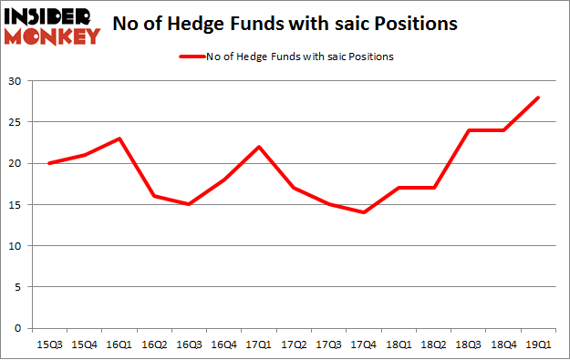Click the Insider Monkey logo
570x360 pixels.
tap(52, 25)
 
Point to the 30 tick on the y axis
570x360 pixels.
tap(16, 81)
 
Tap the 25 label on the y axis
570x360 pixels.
tap(16, 122)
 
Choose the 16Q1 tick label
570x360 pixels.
tap(119, 345)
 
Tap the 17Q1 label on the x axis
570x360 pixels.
tap(259, 345)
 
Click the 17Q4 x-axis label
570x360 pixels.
tap(364, 345)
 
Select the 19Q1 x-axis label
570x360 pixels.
tap(538, 345)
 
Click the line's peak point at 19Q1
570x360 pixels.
tap(539, 98)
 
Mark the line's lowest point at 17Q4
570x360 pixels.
tap(364, 212)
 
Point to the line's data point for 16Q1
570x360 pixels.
tap(119, 139)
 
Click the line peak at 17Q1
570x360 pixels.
tap(259, 147)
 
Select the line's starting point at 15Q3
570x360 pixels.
tap(49, 163)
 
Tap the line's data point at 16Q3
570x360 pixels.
tap(189, 204)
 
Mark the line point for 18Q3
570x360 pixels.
tap(469, 130)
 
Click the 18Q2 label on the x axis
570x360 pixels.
tap(434, 345)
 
